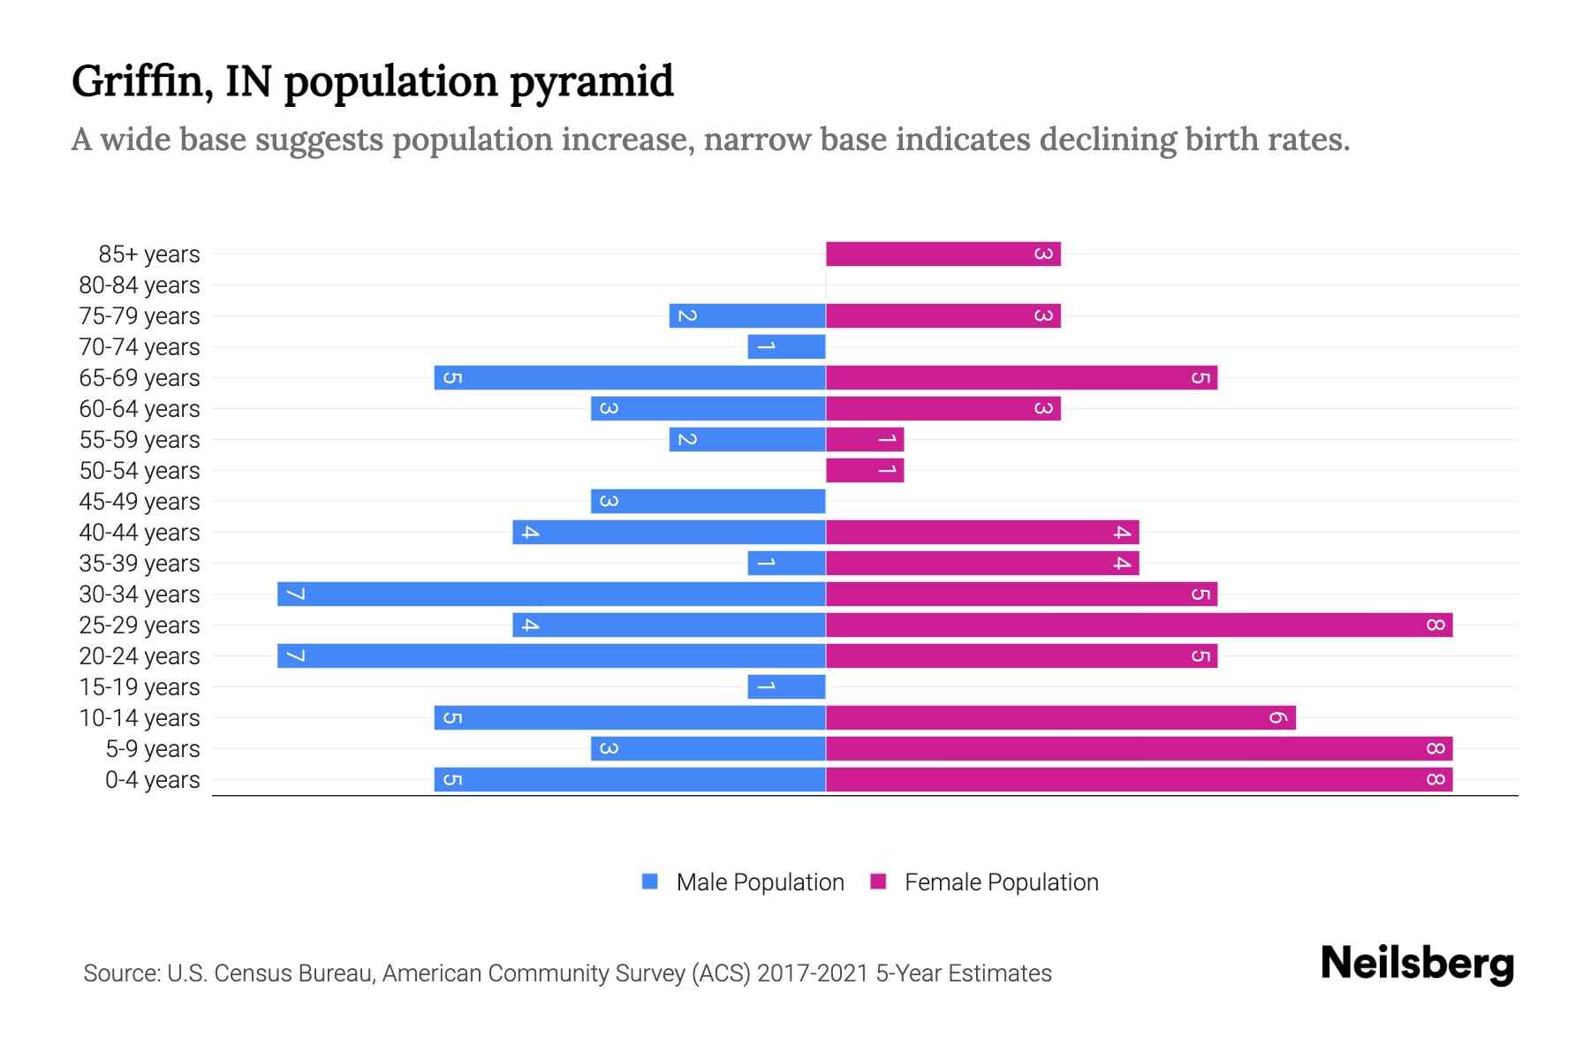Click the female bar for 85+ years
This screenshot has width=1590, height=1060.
tap(943, 254)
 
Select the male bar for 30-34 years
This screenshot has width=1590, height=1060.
tap(551, 594)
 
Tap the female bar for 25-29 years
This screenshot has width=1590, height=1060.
tap(1139, 625)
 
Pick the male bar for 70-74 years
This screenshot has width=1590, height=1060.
tap(786, 347)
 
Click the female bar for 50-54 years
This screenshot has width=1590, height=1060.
tap(865, 471)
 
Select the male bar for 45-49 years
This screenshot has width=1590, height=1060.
tap(708, 502)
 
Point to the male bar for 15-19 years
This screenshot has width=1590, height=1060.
tap(786, 687)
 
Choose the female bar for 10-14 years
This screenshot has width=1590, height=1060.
tap(1060, 718)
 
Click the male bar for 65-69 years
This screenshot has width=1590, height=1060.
tap(630, 378)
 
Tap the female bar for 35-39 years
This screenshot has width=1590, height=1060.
tap(982, 564)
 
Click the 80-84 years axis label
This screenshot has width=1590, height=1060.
tap(140, 285)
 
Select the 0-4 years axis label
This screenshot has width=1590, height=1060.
tap(152, 780)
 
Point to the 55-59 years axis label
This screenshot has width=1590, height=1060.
tap(140, 440)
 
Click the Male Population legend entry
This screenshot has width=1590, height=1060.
tap(759, 882)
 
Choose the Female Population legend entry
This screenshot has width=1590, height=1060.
tap(1000, 882)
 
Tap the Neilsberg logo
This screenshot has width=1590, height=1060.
tap(1417, 964)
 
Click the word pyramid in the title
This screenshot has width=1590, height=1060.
tap(591, 82)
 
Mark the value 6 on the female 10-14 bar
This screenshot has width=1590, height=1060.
tap(1277, 718)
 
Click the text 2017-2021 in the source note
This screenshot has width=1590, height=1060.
tap(813, 973)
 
